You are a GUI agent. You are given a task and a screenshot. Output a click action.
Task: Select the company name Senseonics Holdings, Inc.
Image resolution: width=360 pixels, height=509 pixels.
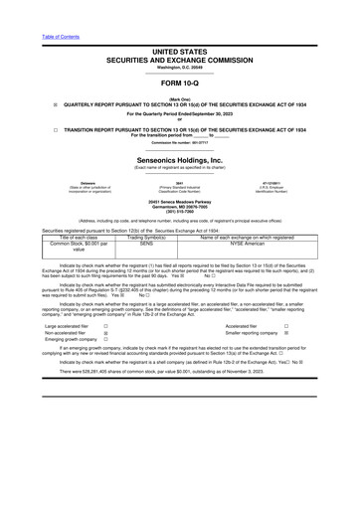tap(179, 158)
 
